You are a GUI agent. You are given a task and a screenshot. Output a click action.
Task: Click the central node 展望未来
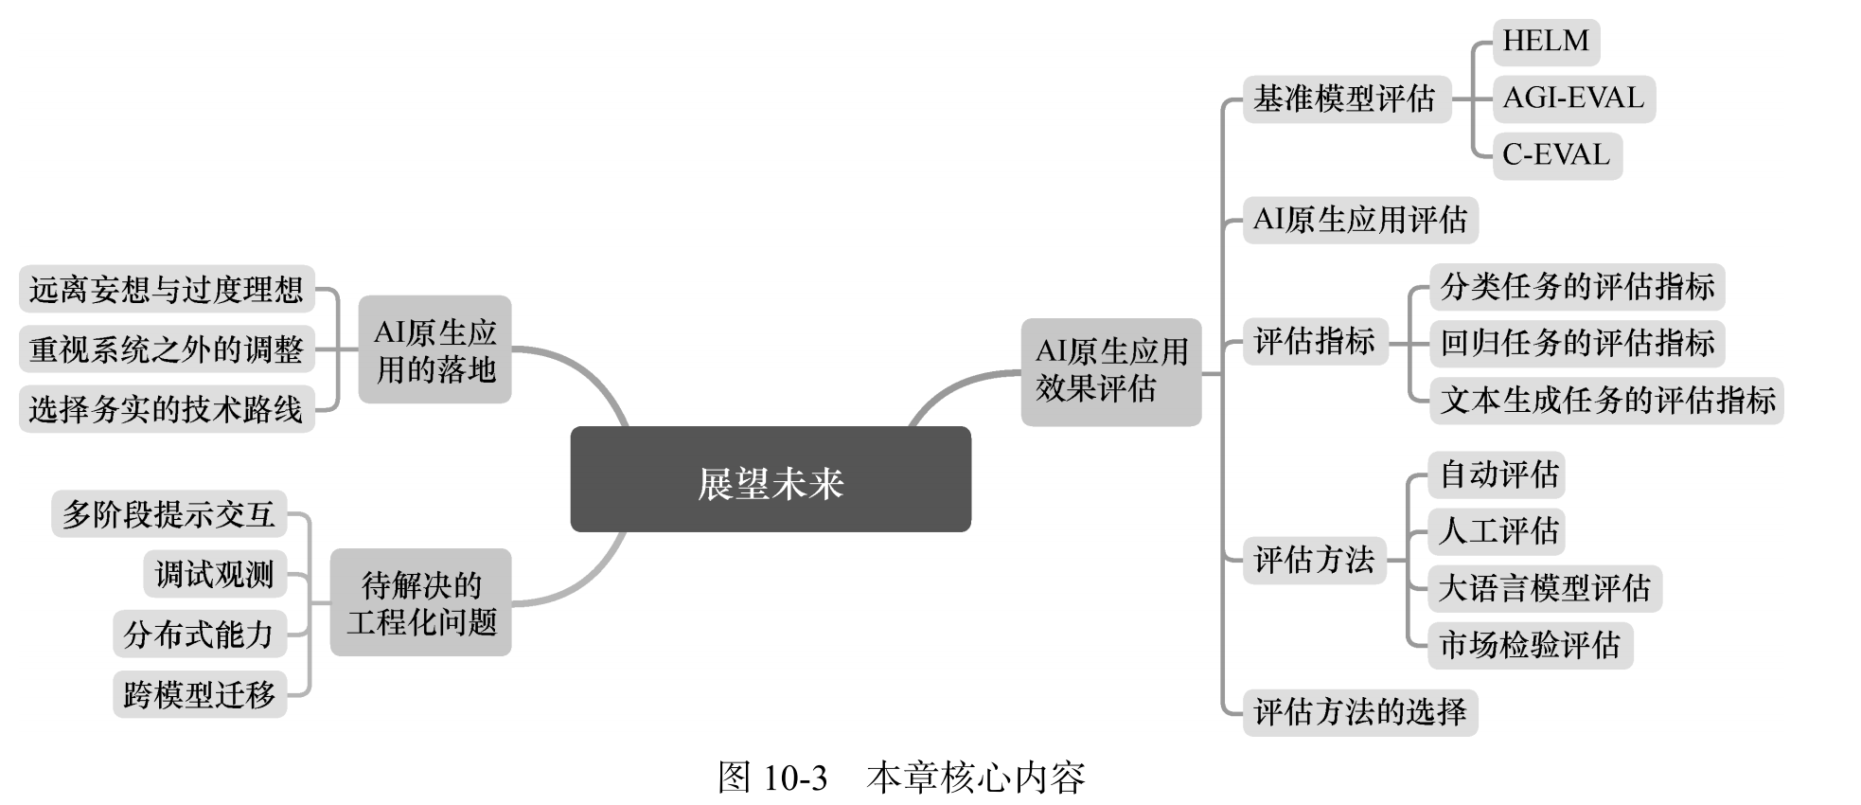(x=770, y=479)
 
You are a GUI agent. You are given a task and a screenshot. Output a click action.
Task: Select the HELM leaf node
(x=1545, y=42)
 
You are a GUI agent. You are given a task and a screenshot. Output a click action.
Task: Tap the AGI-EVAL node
(x=1573, y=98)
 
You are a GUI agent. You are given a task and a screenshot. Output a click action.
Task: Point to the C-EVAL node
(x=1556, y=155)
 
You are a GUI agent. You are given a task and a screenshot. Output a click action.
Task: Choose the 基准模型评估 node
(x=1345, y=98)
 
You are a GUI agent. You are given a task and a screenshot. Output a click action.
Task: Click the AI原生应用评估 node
(x=1359, y=221)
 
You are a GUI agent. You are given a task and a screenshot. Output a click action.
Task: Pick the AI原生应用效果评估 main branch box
(x=1110, y=371)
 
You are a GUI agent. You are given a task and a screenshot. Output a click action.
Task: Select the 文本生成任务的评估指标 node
(x=1606, y=400)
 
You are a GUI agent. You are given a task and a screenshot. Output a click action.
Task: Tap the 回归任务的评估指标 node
(x=1576, y=343)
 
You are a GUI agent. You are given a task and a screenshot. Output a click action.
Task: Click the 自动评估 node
(x=1497, y=474)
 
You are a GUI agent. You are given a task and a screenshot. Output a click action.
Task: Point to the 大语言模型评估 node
(x=1544, y=588)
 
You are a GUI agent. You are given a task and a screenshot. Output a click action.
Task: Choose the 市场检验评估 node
(x=1530, y=645)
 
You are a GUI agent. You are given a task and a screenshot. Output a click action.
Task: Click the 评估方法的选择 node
(x=1359, y=711)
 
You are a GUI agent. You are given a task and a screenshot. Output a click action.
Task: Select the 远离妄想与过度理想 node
(x=166, y=289)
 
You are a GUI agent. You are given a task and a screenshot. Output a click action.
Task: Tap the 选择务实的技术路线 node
(x=166, y=409)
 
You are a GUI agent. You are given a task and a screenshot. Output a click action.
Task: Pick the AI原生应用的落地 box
(x=434, y=349)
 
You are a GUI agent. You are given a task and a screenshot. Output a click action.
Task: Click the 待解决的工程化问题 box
(x=420, y=602)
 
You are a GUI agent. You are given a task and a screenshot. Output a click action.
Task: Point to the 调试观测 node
(x=214, y=574)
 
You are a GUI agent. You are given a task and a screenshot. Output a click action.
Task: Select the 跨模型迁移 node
(x=199, y=694)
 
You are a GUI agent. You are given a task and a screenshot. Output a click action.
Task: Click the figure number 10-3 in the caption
(x=794, y=778)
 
